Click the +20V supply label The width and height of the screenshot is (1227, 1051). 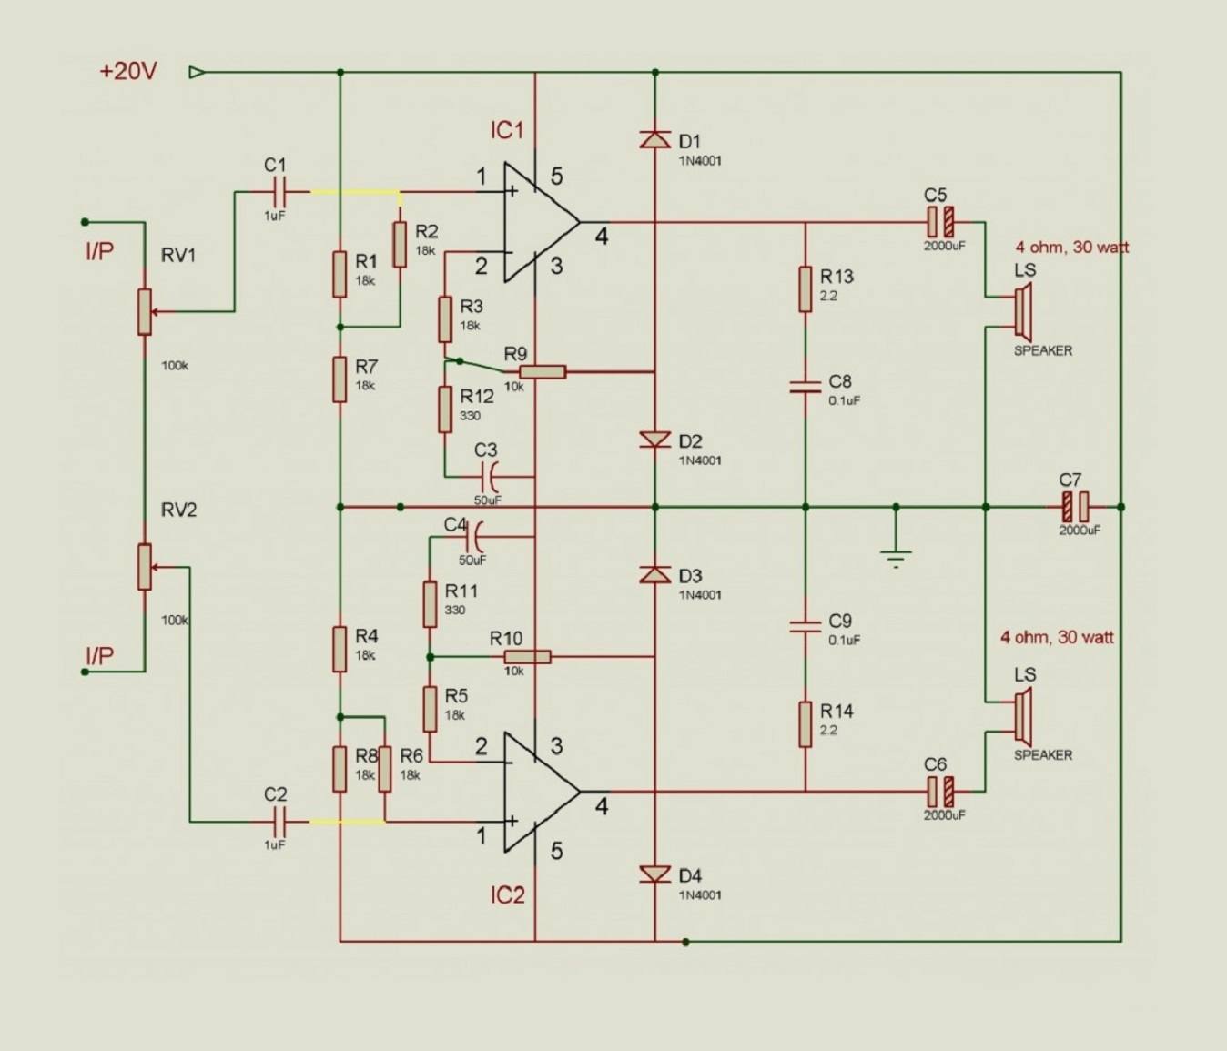tap(128, 72)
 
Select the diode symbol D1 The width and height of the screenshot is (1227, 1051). tap(654, 139)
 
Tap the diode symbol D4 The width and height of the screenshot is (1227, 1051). tap(654, 874)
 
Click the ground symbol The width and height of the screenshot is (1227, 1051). tap(896, 558)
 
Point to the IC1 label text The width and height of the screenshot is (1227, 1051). tap(507, 130)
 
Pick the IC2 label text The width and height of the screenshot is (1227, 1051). tap(508, 894)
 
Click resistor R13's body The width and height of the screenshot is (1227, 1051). tap(805, 289)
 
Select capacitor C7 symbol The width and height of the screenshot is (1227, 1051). tap(1076, 507)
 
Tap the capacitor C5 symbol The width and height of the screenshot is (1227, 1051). tap(940, 222)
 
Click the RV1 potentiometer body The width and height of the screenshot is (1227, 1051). tap(144, 312)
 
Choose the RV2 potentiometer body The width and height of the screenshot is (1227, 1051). tap(144, 567)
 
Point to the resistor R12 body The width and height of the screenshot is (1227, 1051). tap(444, 409)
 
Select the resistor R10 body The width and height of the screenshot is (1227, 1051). tap(527, 656)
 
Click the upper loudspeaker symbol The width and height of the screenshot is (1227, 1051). tap(1023, 309)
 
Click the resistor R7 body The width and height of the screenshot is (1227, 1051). tap(339, 379)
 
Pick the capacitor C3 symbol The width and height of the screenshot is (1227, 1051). tap(489, 476)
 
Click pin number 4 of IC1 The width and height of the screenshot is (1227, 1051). tap(602, 237)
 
